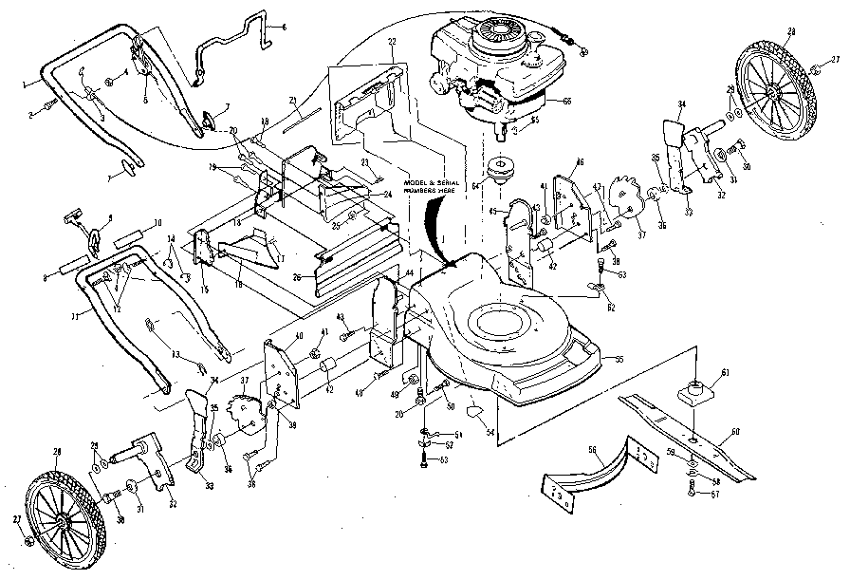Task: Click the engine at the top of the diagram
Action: (489, 66)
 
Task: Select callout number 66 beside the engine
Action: (566, 101)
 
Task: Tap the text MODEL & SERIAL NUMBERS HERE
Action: (435, 187)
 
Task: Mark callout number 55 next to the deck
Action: (619, 360)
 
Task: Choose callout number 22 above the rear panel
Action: (392, 43)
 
